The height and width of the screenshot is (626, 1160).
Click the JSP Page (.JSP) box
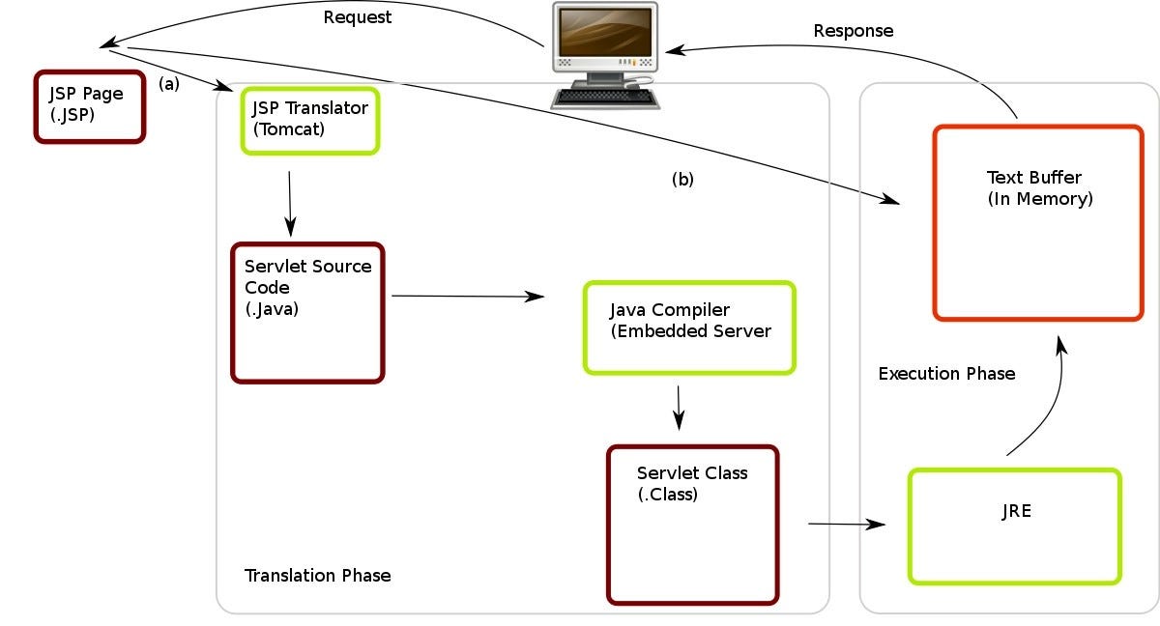tap(89, 106)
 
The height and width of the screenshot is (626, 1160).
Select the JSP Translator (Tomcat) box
tap(309, 120)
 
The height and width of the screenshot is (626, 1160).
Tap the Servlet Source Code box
tap(307, 312)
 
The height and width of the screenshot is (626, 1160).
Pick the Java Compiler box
tap(689, 327)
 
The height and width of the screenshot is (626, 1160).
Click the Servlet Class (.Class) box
tap(692, 525)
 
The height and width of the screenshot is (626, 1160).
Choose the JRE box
tap(1015, 526)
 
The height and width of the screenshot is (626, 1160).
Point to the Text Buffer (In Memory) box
tap(1038, 222)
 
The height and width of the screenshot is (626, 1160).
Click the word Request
tap(358, 17)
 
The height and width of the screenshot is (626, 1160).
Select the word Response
tap(853, 31)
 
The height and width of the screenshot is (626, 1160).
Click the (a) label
tap(169, 84)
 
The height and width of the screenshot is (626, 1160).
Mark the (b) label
tap(682, 180)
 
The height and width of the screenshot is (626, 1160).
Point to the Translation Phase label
tap(317, 576)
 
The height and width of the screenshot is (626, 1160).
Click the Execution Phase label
tap(946, 374)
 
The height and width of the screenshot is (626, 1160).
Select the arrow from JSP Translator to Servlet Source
tap(290, 204)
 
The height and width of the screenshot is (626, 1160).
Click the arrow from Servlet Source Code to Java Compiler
tap(468, 297)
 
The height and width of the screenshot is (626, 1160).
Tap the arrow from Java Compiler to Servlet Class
tap(679, 408)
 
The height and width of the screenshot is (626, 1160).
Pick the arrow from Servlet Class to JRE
tap(846, 525)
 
